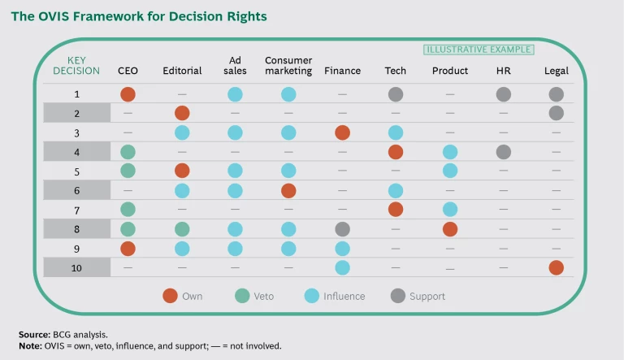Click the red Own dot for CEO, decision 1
click(128, 94)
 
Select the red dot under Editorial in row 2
click(182, 113)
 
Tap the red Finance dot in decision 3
click(342, 132)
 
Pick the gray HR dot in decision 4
click(503, 151)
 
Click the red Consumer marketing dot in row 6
click(288, 190)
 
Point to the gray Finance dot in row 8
click(342, 229)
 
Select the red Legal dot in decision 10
click(557, 267)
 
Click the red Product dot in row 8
click(449, 229)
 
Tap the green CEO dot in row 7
click(128, 210)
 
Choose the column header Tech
click(395, 71)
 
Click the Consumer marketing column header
click(288, 65)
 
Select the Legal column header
click(557, 71)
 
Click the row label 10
click(76, 267)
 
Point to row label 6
click(76, 190)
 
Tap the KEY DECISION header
click(76, 65)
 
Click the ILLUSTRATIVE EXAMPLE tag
click(479, 50)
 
